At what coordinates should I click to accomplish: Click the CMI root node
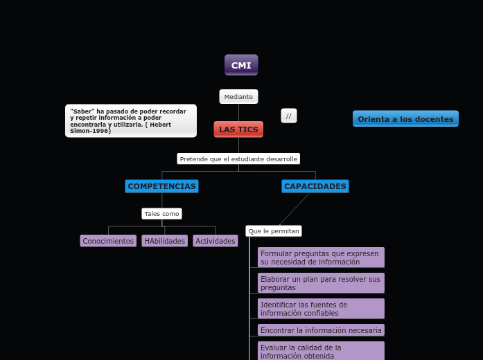241,65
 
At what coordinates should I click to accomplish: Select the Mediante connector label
238,97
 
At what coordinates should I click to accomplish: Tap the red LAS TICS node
238,129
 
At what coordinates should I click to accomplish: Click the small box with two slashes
289,116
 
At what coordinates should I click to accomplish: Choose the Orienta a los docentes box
405,119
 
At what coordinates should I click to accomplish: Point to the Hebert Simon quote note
130,121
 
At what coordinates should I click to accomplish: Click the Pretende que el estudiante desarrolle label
238,159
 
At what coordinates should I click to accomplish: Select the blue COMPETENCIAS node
161,186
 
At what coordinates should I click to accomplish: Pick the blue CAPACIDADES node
315,186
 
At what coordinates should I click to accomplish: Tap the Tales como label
161,214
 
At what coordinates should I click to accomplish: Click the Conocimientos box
108,241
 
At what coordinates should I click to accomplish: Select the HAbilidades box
165,241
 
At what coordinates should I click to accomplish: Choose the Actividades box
216,241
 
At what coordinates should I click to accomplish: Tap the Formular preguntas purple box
321,258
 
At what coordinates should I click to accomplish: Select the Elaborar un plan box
321,283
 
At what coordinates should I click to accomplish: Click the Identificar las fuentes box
321,309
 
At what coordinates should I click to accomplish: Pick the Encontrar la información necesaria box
321,330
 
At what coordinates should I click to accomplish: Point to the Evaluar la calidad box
321,351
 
